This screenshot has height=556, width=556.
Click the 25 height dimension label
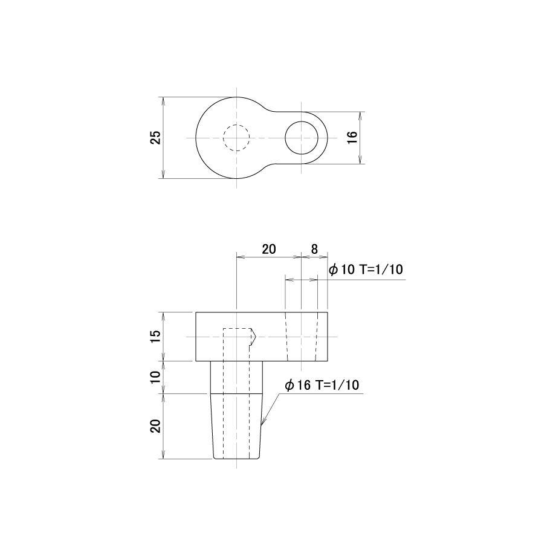(x=156, y=138)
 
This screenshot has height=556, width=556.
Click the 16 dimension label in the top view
(x=352, y=138)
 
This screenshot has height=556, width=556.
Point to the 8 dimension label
(x=314, y=249)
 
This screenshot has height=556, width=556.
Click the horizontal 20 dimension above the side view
(x=269, y=249)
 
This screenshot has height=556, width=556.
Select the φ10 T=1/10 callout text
(x=366, y=270)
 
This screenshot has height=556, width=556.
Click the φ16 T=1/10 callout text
(x=322, y=385)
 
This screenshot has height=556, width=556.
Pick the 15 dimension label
(x=156, y=336)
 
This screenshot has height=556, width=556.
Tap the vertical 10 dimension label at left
(x=156, y=377)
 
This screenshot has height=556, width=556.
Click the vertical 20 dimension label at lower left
(x=156, y=426)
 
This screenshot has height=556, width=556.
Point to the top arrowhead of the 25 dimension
(x=163, y=101)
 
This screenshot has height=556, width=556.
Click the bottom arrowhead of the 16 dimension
(x=360, y=160)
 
